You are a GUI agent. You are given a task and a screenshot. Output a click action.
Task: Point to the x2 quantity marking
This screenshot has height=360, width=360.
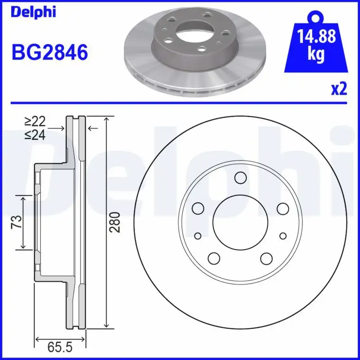coord(339,89)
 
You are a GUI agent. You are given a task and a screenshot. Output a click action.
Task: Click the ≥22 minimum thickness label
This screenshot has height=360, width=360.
coord(36,121)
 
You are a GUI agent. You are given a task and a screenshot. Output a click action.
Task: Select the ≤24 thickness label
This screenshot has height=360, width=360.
coord(36,135)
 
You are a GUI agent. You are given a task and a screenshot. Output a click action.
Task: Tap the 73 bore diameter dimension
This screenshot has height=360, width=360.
coord(17,222)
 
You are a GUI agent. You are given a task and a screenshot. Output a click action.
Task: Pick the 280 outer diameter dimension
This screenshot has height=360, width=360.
coord(116,222)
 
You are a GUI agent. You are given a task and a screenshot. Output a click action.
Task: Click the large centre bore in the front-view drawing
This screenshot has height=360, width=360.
coord(240,224)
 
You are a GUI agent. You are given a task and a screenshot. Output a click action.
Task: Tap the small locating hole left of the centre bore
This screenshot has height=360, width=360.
coord(198,236)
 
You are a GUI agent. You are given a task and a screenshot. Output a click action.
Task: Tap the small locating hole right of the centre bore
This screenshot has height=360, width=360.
coord(283,236)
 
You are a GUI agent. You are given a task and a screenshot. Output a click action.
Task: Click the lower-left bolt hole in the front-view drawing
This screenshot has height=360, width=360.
coord(214,258)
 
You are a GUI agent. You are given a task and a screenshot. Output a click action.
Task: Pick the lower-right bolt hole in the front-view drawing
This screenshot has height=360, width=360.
coord(266,258)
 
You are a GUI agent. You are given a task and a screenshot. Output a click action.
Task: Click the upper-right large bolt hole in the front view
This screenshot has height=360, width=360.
coord(282,208)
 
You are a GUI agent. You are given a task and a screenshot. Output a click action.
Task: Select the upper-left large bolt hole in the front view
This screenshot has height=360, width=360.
coord(198,208)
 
